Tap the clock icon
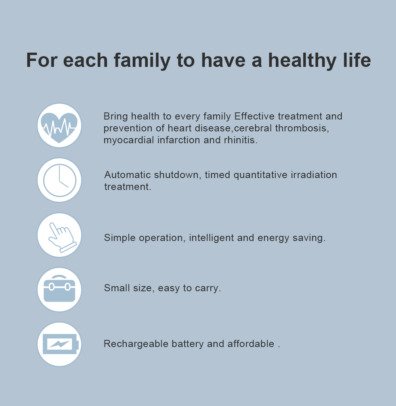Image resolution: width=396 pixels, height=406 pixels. pyautogui.click(x=60, y=180)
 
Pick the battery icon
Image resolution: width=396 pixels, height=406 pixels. pyautogui.click(x=60, y=344)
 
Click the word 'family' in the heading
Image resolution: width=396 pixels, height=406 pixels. pyautogui.click(x=142, y=60)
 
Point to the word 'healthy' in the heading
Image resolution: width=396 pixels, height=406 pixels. pyautogui.click(x=302, y=60)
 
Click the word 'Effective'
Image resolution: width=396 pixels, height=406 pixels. pyautogui.click(x=254, y=116)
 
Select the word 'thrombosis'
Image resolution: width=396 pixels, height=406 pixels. pyautogui.click(x=302, y=128)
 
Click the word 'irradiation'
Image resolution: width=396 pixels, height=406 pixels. pyautogui.click(x=314, y=175)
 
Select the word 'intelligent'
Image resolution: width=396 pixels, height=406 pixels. pyautogui.click(x=211, y=238)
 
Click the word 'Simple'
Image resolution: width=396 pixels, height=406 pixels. pyautogui.click(x=120, y=238)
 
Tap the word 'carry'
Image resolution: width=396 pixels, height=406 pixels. pyautogui.click(x=208, y=288)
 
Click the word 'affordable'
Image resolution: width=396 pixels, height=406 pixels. pyautogui.click(x=251, y=344)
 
